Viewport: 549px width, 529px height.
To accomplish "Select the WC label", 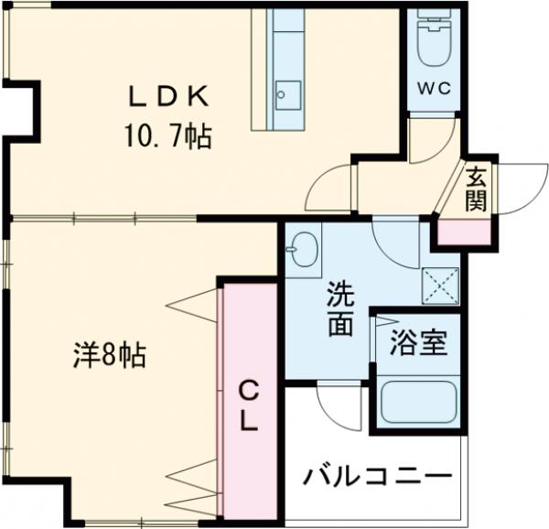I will coord(434,90).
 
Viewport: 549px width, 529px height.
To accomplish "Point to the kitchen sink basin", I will coord(287,92).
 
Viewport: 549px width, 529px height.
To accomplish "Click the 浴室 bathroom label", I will coord(419,344).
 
